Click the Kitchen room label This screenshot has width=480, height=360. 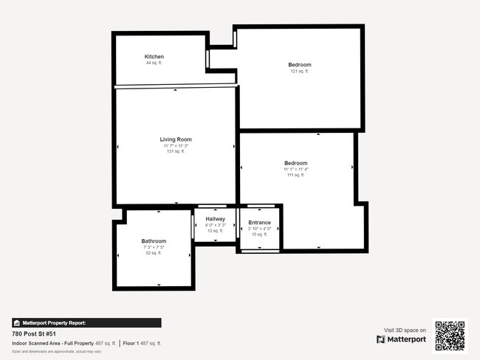[154, 57]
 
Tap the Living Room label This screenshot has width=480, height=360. [176, 139]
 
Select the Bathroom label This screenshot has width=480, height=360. [154, 241]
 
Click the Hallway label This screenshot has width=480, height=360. [216, 219]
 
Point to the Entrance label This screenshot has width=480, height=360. [260, 223]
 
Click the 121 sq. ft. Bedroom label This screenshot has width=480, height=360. [300, 65]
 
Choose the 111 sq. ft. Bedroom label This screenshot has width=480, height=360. [296, 163]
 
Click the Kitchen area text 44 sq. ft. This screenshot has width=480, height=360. [154, 63]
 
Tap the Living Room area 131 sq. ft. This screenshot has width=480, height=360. [176, 151]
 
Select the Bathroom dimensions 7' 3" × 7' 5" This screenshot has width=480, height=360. [154, 247]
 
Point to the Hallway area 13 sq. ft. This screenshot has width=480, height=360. [216, 231]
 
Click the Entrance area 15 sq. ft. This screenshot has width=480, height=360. [260, 235]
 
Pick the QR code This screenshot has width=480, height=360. [450, 336]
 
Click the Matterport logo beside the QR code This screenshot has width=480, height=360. [402, 339]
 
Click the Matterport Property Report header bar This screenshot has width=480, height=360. [86, 322]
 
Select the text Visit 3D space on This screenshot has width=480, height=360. [405, 330]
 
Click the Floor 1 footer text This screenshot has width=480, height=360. [142, 343]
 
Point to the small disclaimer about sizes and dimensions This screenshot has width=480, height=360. [57, 351]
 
